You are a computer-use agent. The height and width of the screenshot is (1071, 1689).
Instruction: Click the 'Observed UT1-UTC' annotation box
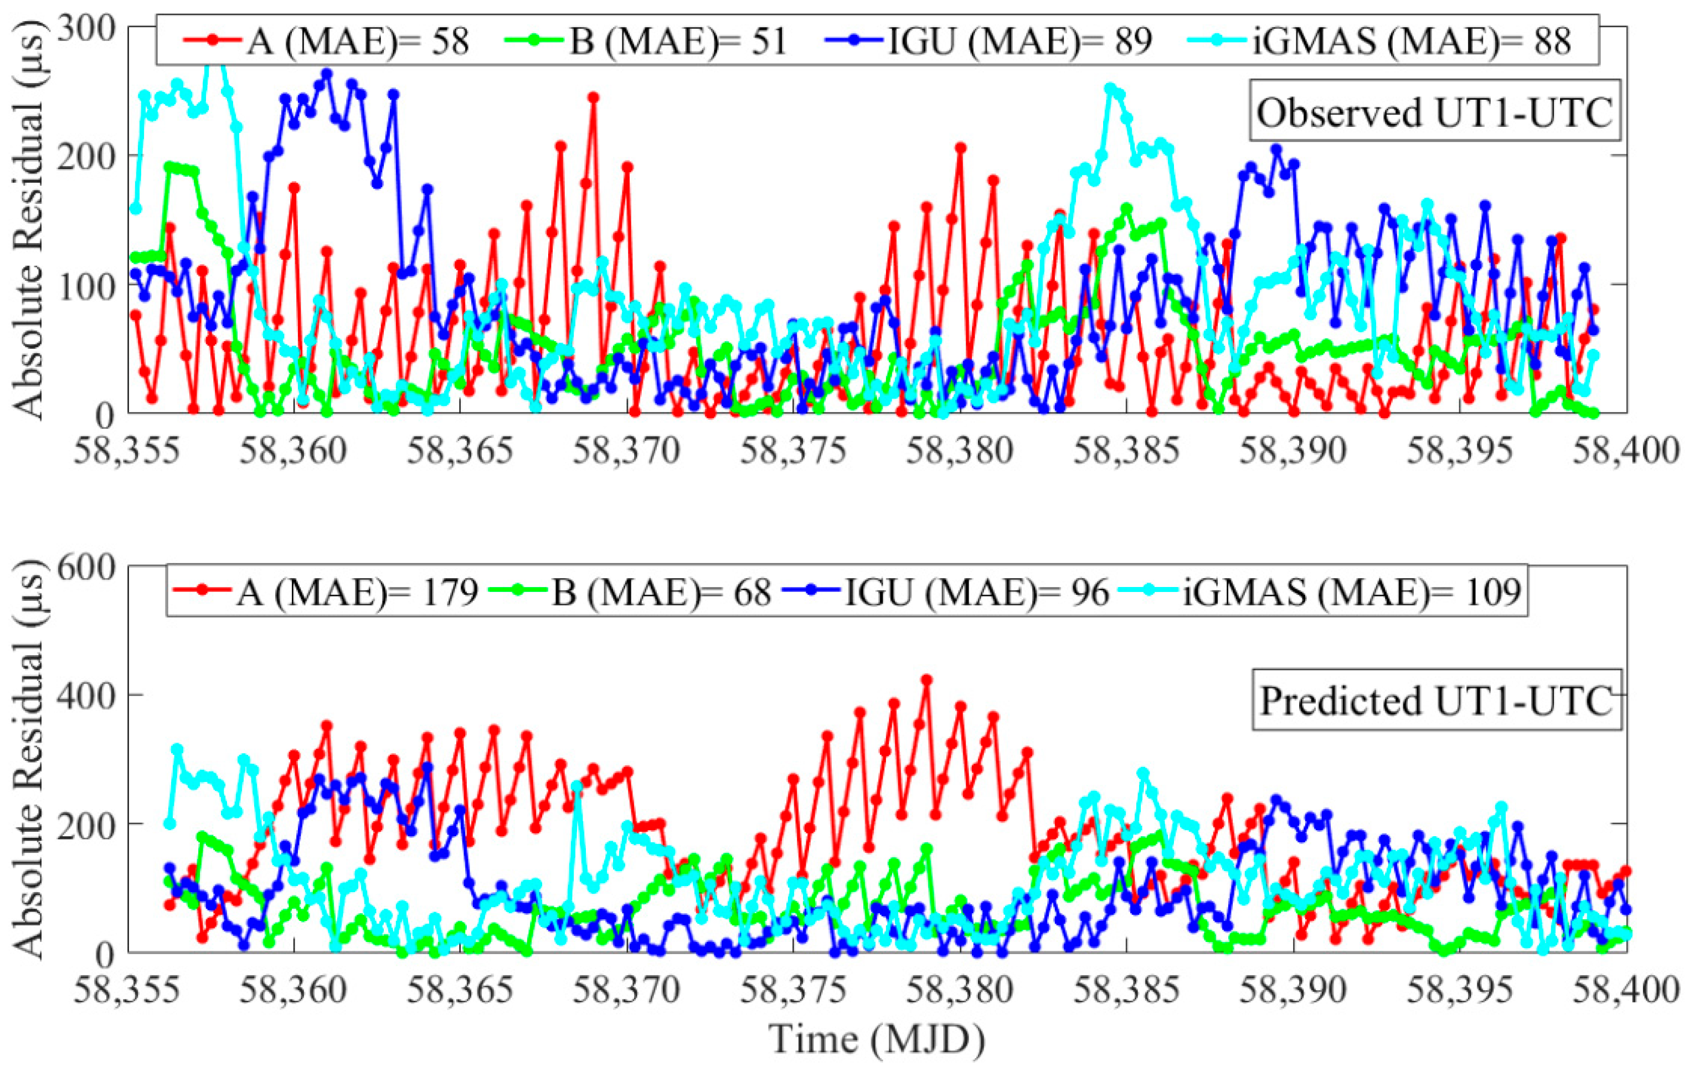(x=1434, y=114)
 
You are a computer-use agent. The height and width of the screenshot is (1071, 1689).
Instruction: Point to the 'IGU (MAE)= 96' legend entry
(x=975, y=592)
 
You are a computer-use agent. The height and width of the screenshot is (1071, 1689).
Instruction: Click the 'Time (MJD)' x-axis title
(x=877, y=1039)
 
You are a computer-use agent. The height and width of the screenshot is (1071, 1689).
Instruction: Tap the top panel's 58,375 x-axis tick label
(x=794, y=450)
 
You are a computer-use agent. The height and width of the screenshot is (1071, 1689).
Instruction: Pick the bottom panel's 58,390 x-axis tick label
(x=1293, y=990)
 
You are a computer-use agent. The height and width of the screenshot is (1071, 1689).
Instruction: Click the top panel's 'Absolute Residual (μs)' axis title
(x=28, y=221)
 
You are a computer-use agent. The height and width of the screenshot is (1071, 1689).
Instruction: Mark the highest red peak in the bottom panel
(x=926, y=679)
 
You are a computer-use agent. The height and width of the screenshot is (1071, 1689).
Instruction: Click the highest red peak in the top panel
(x=594, y=97)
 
